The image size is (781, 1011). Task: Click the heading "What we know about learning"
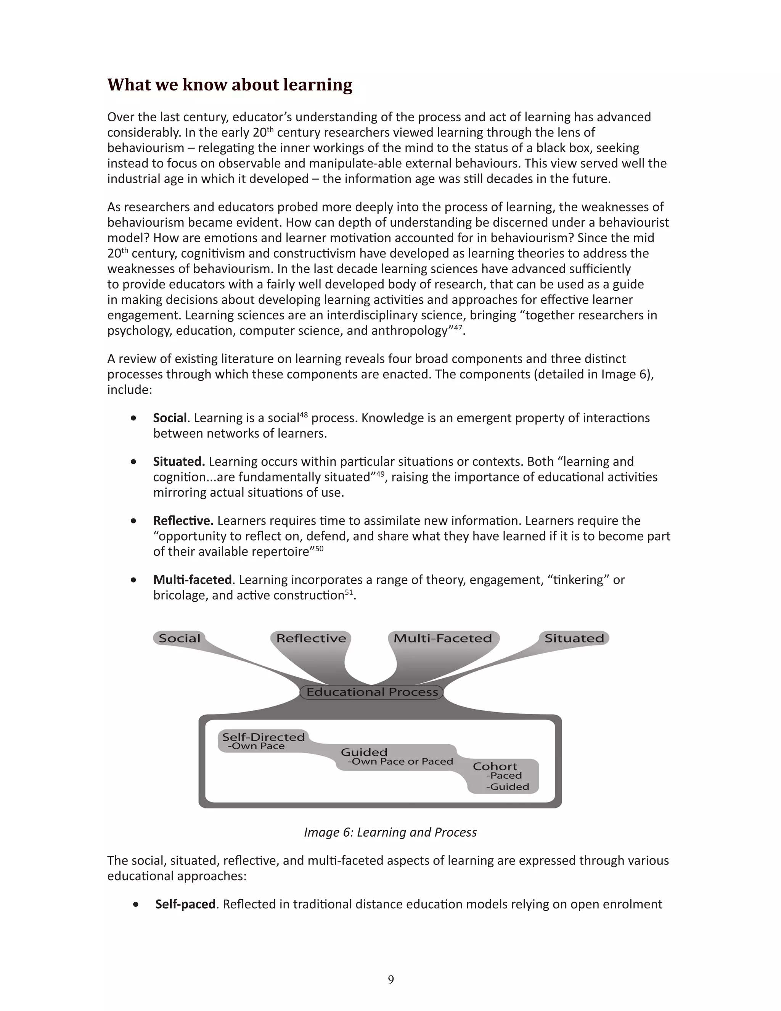pos(230,85)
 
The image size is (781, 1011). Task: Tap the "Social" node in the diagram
pos(180,638)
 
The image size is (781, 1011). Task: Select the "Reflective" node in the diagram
pos(311,638)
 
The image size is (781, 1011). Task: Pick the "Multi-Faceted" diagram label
pos(442,638)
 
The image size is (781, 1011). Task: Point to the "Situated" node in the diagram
pos(574,638)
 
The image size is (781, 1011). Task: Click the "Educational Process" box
pos(372,692)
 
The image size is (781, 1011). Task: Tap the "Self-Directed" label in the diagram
pos(263,737)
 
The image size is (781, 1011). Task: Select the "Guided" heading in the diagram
pos(364,752)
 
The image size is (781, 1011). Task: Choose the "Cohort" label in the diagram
pos(495,766)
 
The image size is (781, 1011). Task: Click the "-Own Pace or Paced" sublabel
pos(400,761)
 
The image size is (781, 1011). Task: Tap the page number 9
pos(391,979)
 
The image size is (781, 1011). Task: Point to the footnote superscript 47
pos(458,327)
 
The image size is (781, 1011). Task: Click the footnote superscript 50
pos(319,549)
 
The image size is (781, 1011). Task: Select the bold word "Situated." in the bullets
pos(178,462)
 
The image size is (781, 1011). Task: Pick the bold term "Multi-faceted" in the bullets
pos(192,580)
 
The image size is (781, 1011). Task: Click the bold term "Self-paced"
pos(185,904)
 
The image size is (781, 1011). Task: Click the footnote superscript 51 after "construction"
pos(349,592)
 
